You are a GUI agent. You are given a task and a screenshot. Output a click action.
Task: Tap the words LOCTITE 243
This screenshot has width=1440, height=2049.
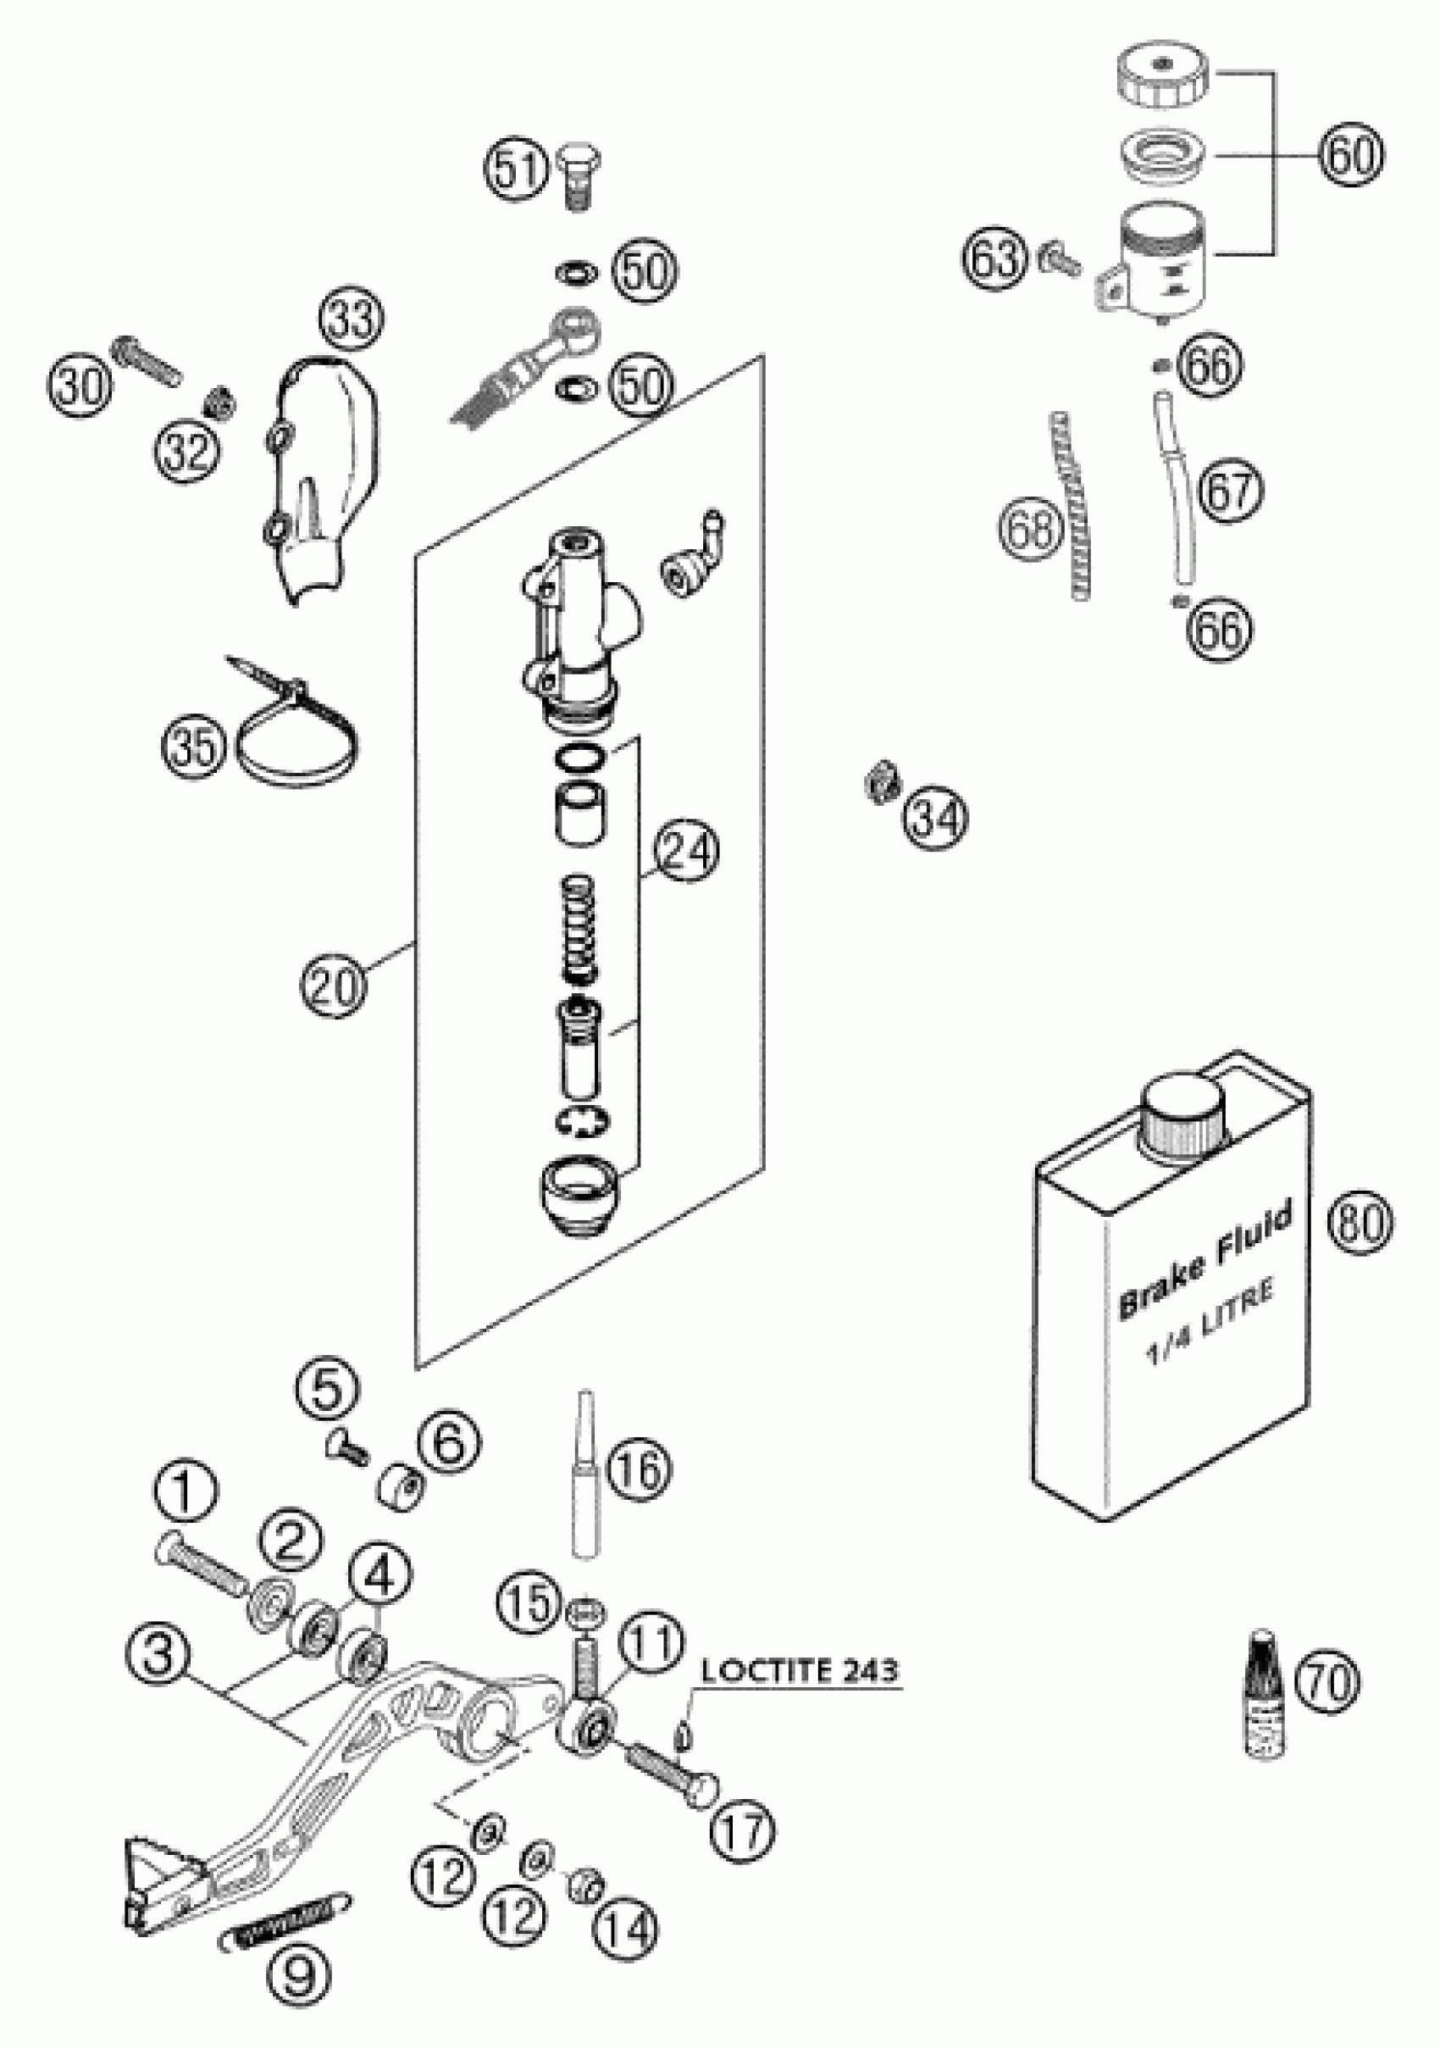(x=800, y=1669)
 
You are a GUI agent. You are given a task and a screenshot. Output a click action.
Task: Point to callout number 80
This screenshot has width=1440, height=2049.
(x=1360, y=1222)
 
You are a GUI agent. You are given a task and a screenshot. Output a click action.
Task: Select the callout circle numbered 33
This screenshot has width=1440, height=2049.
(x=351, y=319)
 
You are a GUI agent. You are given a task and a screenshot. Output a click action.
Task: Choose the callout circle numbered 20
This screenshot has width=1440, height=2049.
(x=333, y=985)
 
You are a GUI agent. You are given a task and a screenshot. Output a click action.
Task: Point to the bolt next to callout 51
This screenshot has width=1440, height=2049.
(x=579, y=179)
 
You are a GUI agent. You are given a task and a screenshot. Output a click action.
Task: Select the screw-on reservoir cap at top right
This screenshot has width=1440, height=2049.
(x=1160, y=79)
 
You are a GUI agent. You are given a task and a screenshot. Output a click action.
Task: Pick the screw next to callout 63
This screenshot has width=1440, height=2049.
(x=1056, y=258)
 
